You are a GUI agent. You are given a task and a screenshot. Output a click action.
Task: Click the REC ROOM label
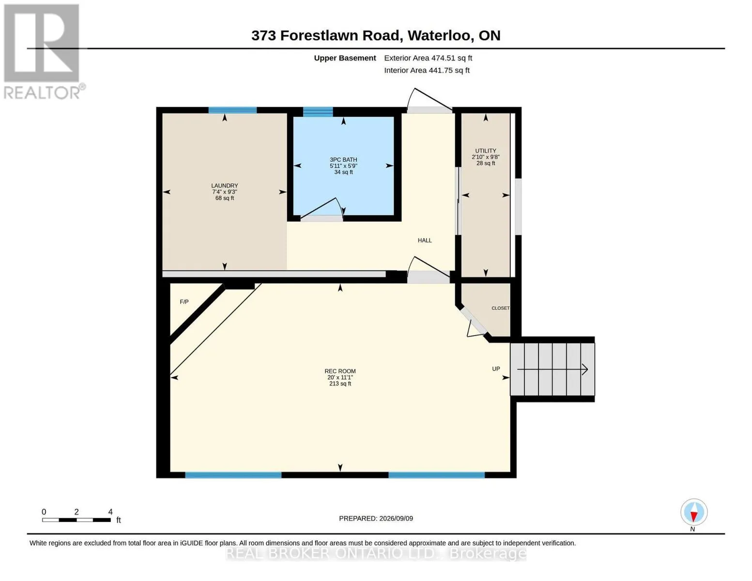coord(340,371)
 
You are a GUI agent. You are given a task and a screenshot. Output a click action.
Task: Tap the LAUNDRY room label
coord(225,185)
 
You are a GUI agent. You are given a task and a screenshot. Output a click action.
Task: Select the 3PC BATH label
coord(343,159)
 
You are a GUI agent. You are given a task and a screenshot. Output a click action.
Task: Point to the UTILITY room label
coord(486,151)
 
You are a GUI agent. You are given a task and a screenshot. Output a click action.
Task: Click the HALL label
coord(425,240)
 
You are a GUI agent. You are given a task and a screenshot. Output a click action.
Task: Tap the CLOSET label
coord(500,308)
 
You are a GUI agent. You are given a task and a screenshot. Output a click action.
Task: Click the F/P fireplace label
coord(184,302)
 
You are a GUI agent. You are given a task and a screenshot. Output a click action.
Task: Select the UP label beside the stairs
coord(496,369)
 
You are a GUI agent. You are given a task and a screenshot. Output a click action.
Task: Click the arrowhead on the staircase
coord(585,369)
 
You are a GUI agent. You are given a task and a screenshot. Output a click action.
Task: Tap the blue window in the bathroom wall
coord(318,112)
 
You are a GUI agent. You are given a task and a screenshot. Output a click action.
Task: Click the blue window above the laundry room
coord(232,110)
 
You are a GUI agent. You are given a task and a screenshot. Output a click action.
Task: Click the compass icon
coord(694,512)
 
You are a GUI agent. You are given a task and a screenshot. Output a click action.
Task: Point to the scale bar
coord(77,520)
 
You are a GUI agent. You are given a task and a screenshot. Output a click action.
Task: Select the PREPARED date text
coord(376,519)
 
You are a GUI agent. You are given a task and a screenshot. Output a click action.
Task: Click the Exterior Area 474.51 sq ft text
coord(428,58)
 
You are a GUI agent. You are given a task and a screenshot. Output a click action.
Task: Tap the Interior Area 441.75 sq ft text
coord(427,70)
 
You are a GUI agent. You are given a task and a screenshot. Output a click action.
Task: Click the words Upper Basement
coord(345,58)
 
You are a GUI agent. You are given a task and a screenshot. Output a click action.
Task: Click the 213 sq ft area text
coord(340,383)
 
